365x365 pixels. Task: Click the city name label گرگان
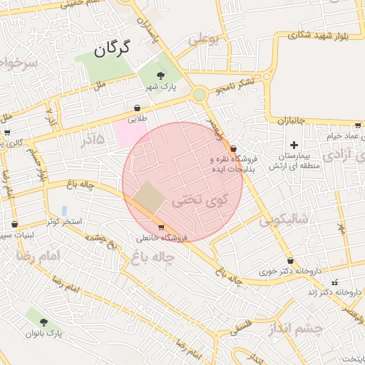(x=113, y=48)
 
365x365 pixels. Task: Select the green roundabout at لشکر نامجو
(x=199, y=94)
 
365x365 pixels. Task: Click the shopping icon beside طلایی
(x=137, y=108)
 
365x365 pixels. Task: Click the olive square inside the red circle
(x=149, y=197)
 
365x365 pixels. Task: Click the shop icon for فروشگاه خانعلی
(x=161, y=227)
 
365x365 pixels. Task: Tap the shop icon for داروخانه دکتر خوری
(x=290, y=261)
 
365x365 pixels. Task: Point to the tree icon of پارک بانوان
(x=44, y=322)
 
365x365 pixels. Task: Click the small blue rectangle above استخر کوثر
(x=64, y=211)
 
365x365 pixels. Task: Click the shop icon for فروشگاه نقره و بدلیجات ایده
(x=234, y=148)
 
